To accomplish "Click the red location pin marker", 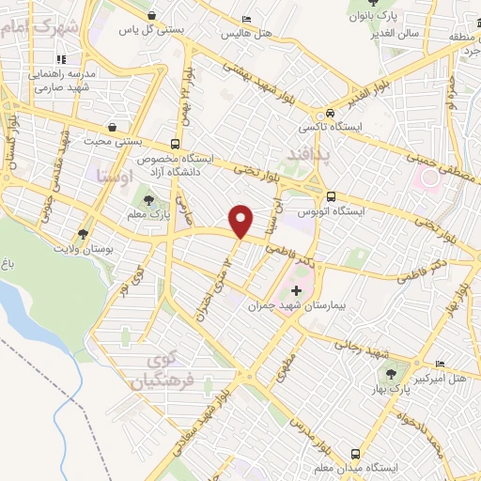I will (x=241, y=221).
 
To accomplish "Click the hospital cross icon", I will (x=298, y=291).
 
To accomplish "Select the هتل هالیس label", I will (x=245, y=33).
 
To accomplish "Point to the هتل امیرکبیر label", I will (x=417, y=378).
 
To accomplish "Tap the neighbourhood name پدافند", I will (x=305, y=151).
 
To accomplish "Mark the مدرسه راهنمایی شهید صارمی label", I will (x=67, y=79).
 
